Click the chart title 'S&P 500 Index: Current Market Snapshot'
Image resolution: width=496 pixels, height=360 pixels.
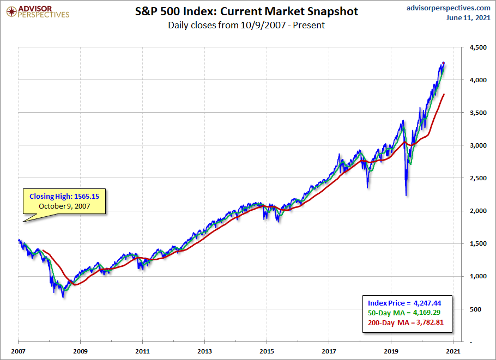tap(246, 11)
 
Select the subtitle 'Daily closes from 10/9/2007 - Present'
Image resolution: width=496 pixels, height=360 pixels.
tap(246, 25)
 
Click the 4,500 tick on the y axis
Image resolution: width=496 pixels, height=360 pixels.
tap(471, 47)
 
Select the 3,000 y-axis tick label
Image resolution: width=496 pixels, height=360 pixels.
tap(471, 145)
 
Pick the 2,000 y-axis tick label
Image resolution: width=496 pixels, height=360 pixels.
tap(471, 211)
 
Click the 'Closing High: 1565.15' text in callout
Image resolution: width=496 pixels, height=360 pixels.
tap(65, 196)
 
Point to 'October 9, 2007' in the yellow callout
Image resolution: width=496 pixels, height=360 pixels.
tap(65, 206)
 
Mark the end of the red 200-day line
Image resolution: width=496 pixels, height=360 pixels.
tap(444, 94)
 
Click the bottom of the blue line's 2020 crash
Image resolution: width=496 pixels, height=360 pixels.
tap(406, 196)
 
